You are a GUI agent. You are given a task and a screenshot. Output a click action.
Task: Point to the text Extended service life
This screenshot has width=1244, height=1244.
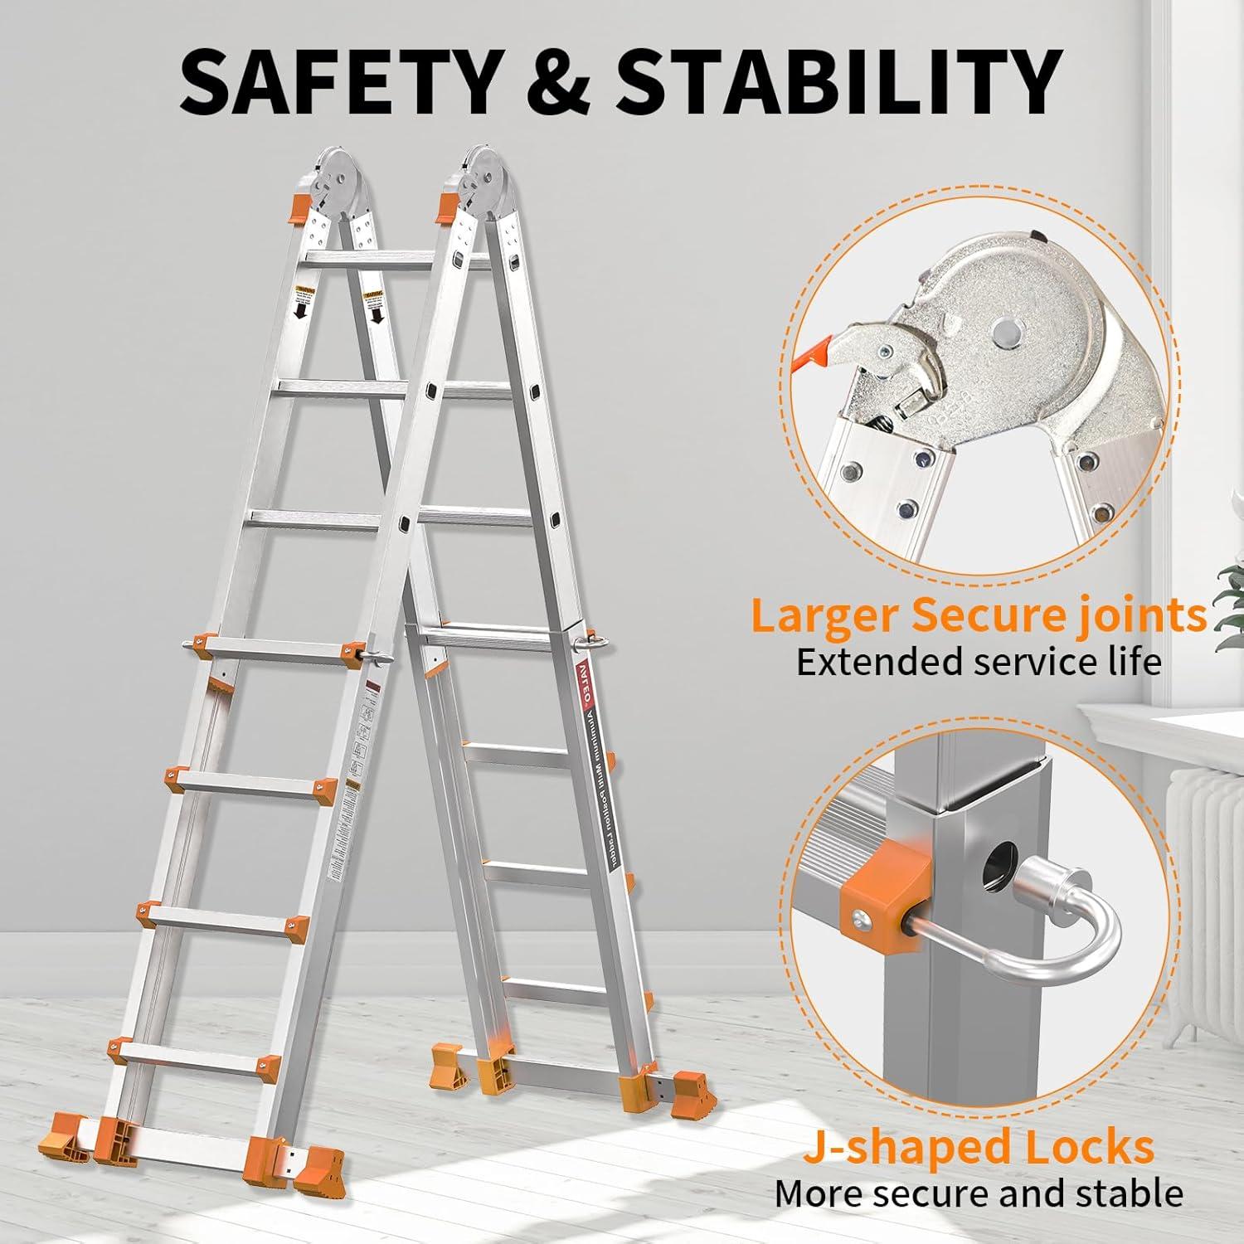[x=979, y=663]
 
